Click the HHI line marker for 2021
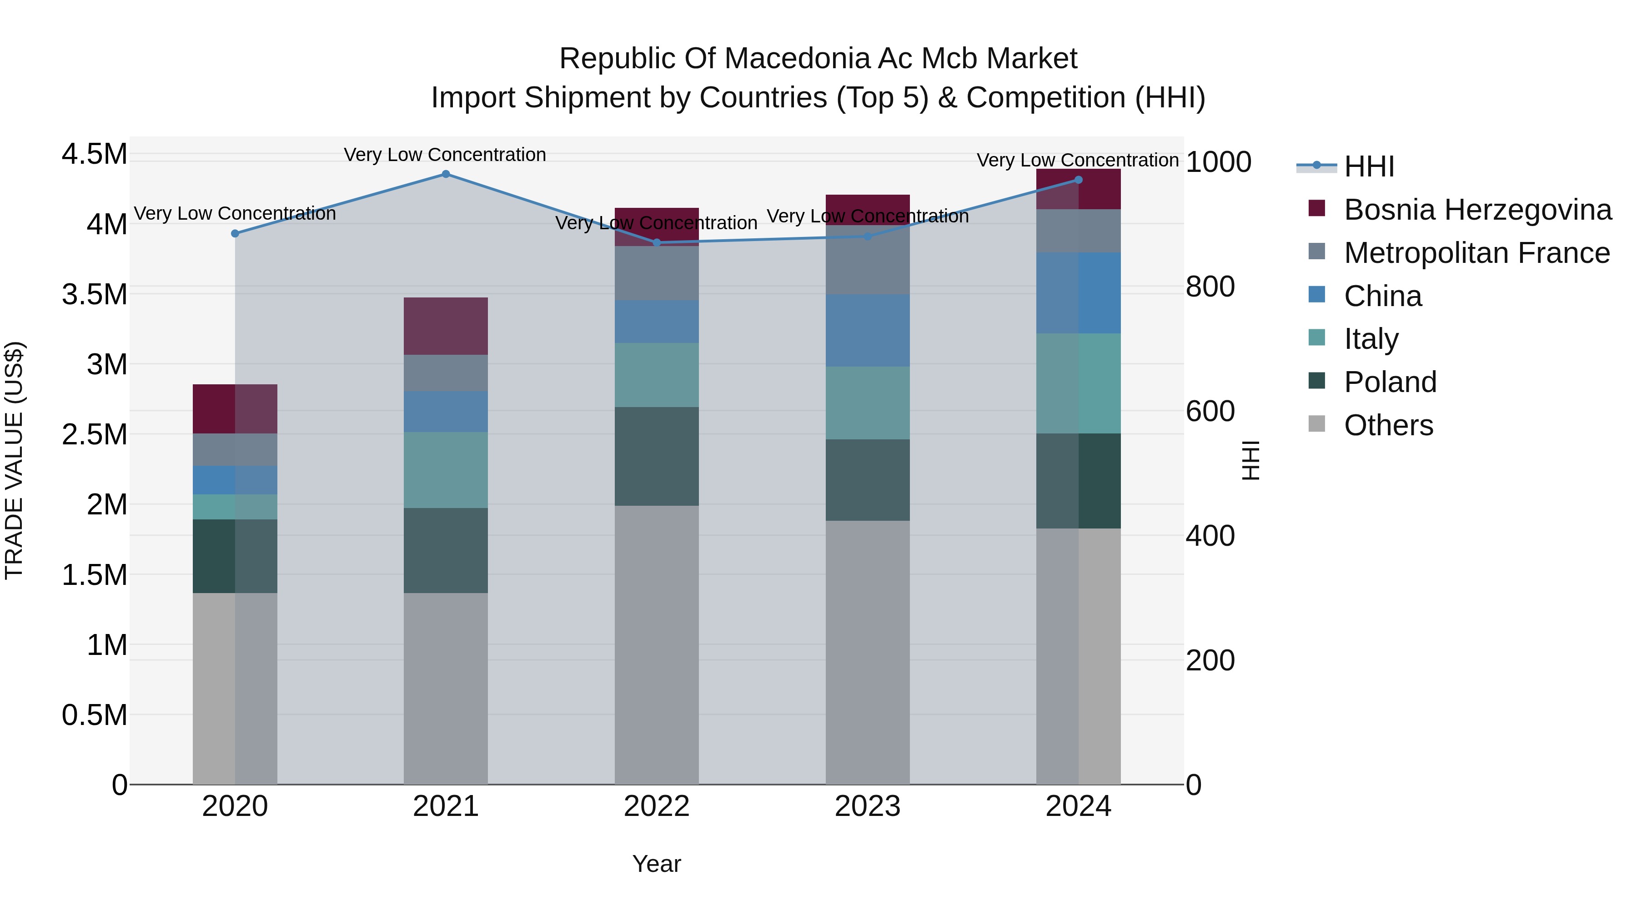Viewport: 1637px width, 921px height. tap(446, 174)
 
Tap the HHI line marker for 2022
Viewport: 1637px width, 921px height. tap(657, 243)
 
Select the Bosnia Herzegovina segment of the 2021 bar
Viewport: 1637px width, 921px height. tap(446, 326)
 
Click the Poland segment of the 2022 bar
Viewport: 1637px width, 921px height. tap(657, 456)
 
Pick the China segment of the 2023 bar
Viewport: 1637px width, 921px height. tap(868, 331)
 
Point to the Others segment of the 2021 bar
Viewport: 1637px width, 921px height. tap(446, 689)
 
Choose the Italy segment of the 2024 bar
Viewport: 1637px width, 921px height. tap(1079, 383)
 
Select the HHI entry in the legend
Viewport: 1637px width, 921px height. tap(1369, 166)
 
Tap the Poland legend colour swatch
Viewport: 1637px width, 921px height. tap(1317, 382)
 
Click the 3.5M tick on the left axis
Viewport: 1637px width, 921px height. tap(94, 295)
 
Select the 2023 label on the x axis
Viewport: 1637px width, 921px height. tap(868, 806)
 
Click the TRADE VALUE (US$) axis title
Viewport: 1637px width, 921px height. tap(15, 460)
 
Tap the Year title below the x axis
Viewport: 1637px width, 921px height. tap(657, 864)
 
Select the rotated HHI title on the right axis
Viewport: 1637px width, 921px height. tap(1250, 460)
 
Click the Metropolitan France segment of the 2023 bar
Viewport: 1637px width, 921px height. tap(868, 260)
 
